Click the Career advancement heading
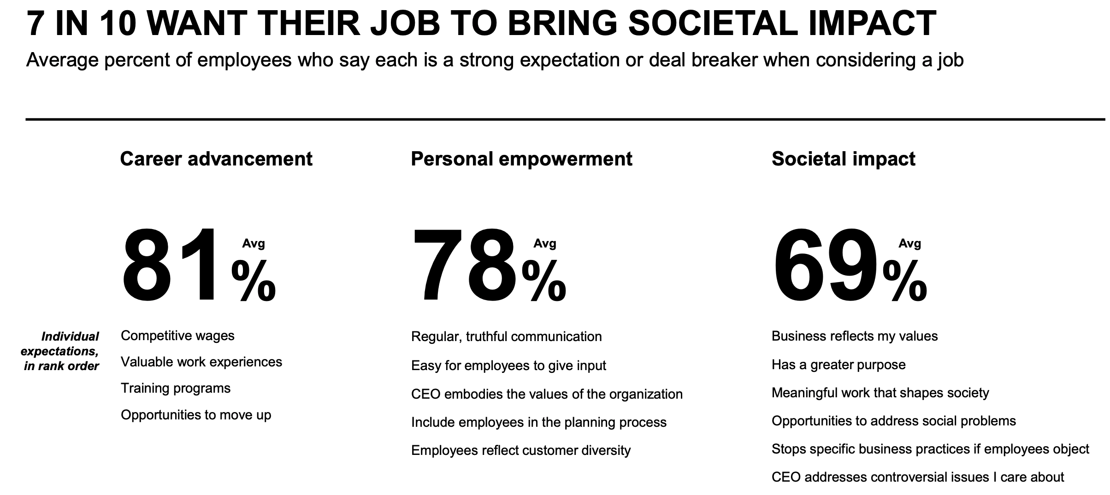tap(216, 159)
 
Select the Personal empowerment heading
tap(521, 159)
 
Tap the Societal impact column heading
tap(843, 159)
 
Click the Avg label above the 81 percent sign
tap(254, 243)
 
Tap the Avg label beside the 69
tap(909, 243)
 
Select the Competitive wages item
tap(177, 336)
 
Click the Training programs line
tap(175, 388)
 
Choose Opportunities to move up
tap(196, 415)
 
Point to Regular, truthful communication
tap(506, 336)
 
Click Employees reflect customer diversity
tap(520, 450)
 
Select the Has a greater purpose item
tap(838, 365)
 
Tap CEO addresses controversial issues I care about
tap(917, 477)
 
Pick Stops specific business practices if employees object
tap(930, 449)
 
